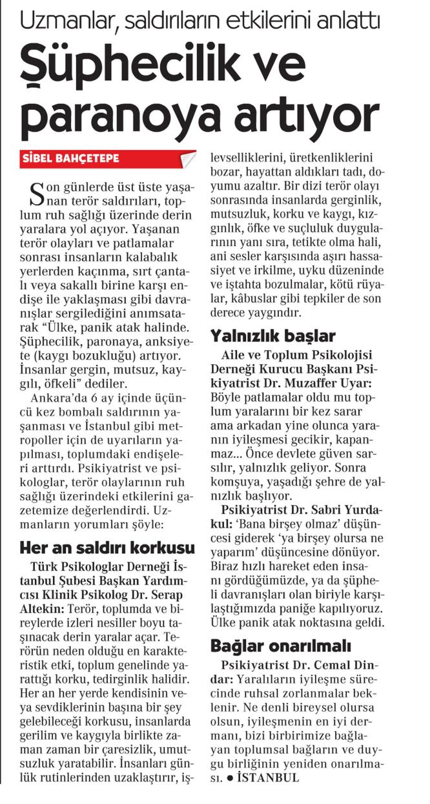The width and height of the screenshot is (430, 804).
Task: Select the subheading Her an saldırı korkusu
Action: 107,548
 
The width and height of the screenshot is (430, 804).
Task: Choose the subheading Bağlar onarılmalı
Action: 280,628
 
